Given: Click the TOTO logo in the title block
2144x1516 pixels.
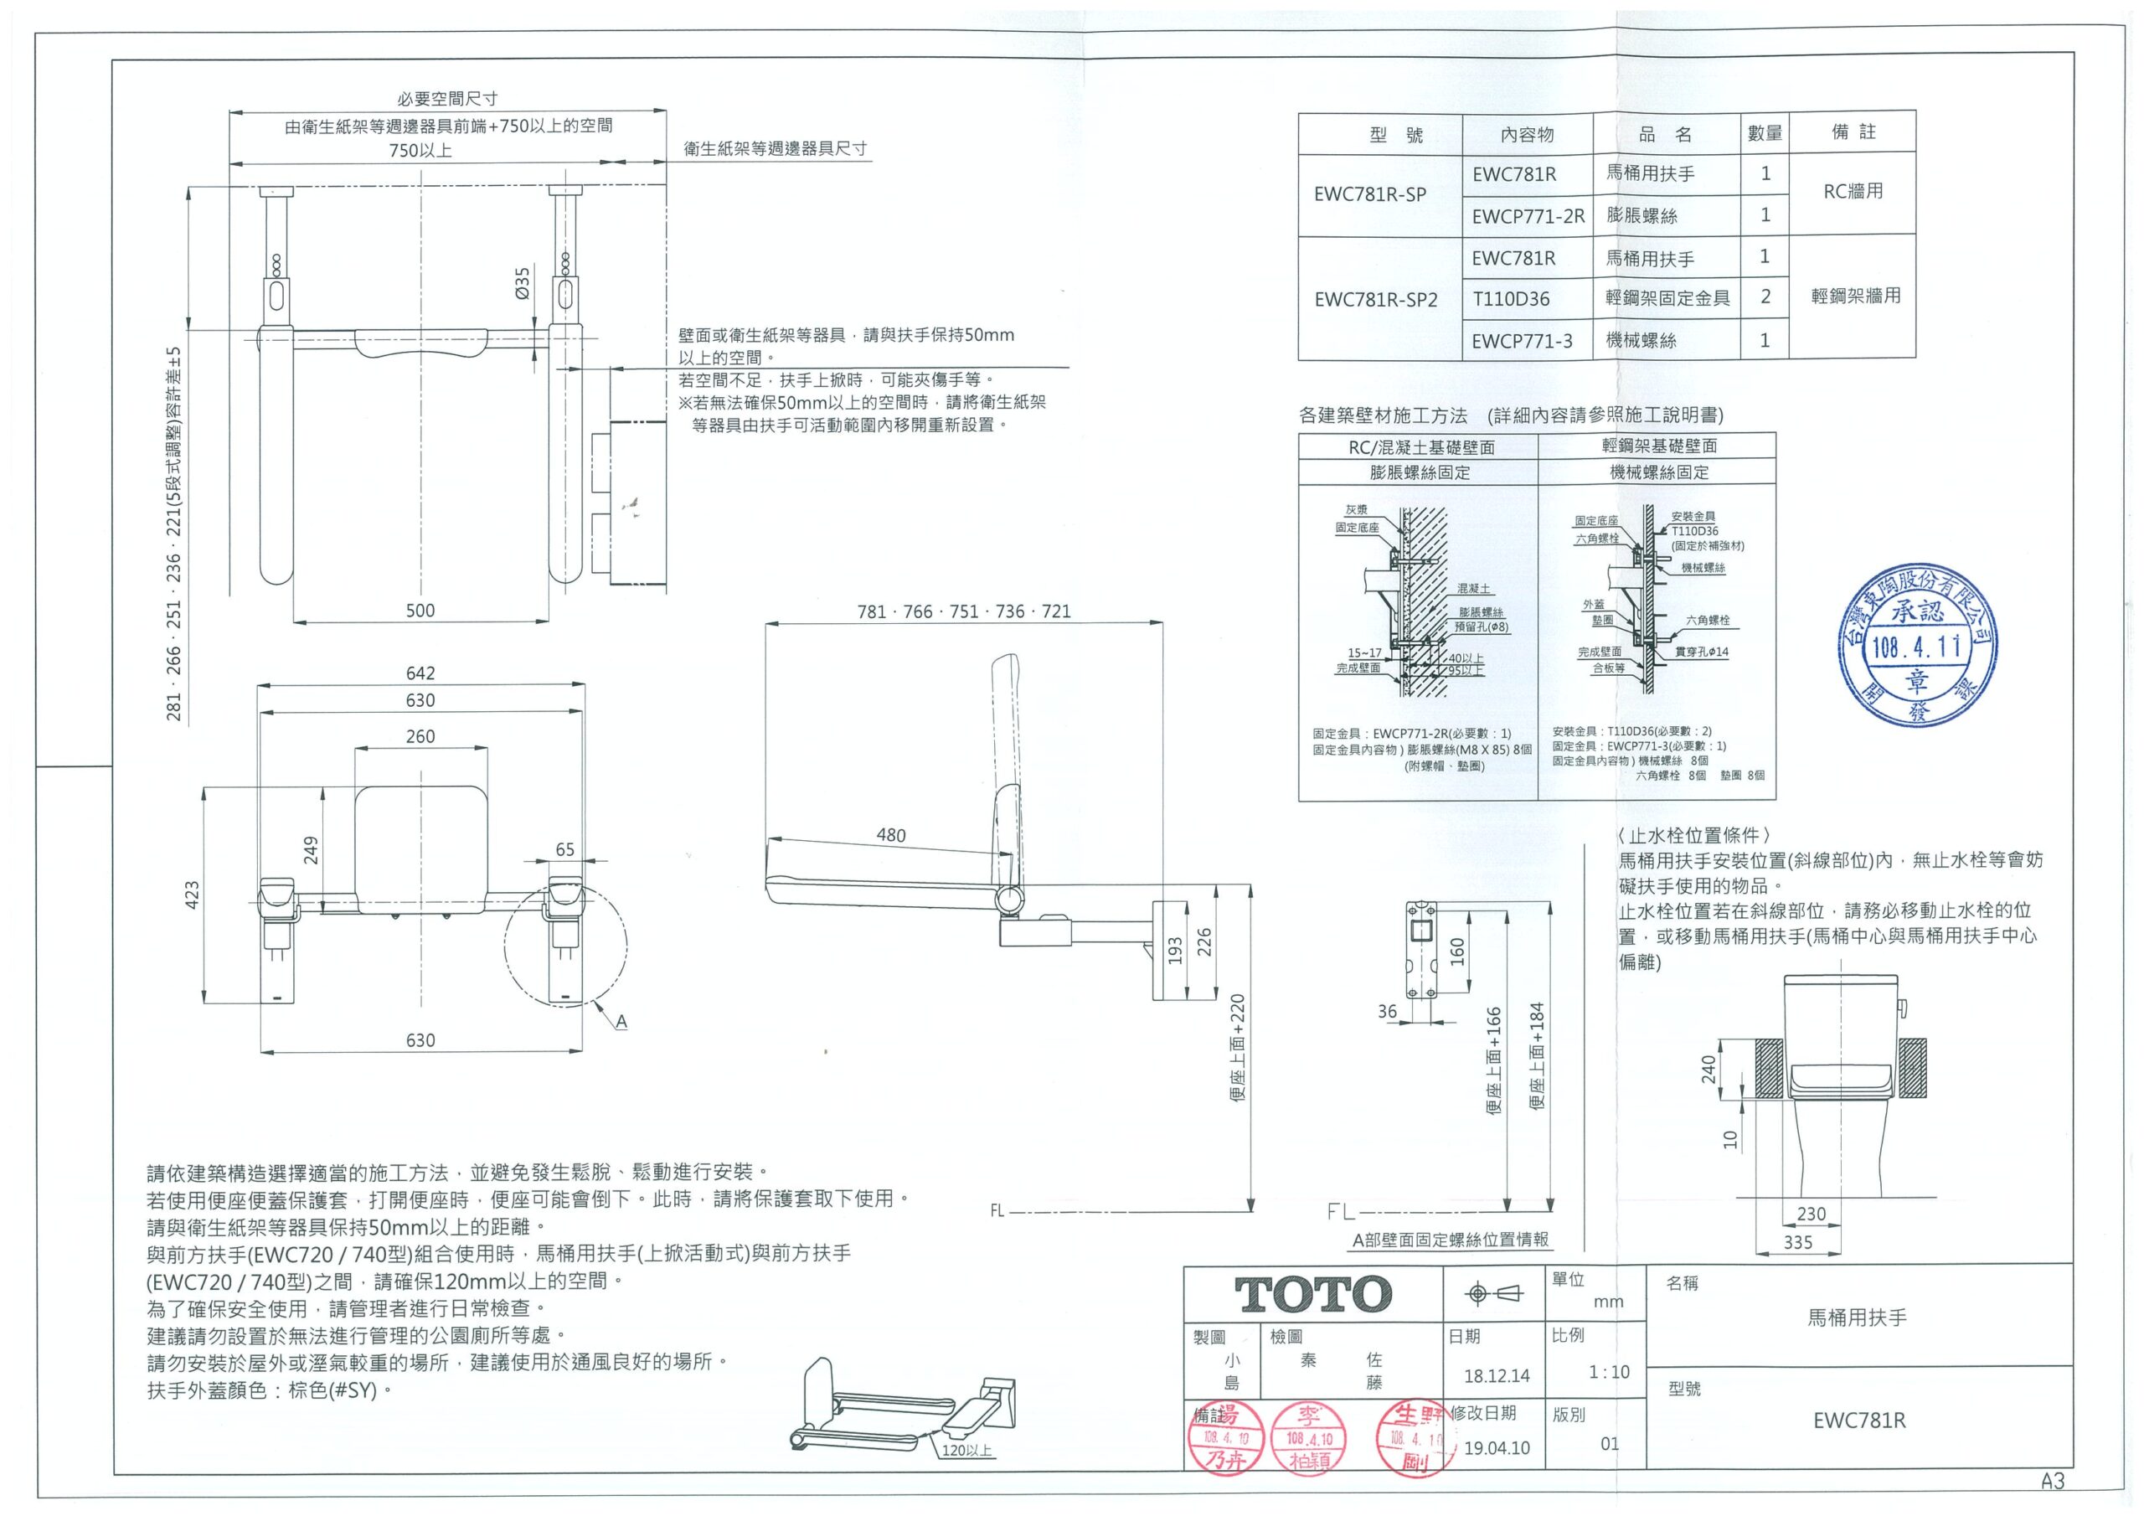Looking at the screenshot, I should tap(1314, 1295).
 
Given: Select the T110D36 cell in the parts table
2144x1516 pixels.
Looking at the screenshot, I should tap(1512, 299).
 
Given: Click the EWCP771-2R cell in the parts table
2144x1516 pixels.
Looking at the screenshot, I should tap(1528, 217).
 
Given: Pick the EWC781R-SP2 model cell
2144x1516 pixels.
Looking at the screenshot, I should tap(1375, 300).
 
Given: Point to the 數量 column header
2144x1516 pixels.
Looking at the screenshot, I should tap(1765, 133).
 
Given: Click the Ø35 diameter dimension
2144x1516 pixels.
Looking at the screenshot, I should tap(523, 282).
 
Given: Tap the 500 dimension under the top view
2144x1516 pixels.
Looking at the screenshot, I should tap(420, 610).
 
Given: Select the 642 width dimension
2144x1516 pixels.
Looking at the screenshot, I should tap(420, 673).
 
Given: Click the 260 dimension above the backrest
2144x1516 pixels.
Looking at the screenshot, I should tap(420, 736).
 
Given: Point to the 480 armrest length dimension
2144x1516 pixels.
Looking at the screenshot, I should tap(891, 835).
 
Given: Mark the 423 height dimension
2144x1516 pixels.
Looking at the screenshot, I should tap(193, 894).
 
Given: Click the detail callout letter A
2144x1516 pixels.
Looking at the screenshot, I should tap(621, 1022).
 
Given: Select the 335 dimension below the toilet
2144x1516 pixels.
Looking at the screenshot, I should tap(1797, 1242).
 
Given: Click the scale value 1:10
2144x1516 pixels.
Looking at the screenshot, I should tap(1609, 1372).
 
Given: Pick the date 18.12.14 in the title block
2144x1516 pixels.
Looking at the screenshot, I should tap(1497, 1375).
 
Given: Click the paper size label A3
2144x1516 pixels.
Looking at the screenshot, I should tap(2052, 1481).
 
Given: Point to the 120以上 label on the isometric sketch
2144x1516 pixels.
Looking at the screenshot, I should tap(966, 1451).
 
